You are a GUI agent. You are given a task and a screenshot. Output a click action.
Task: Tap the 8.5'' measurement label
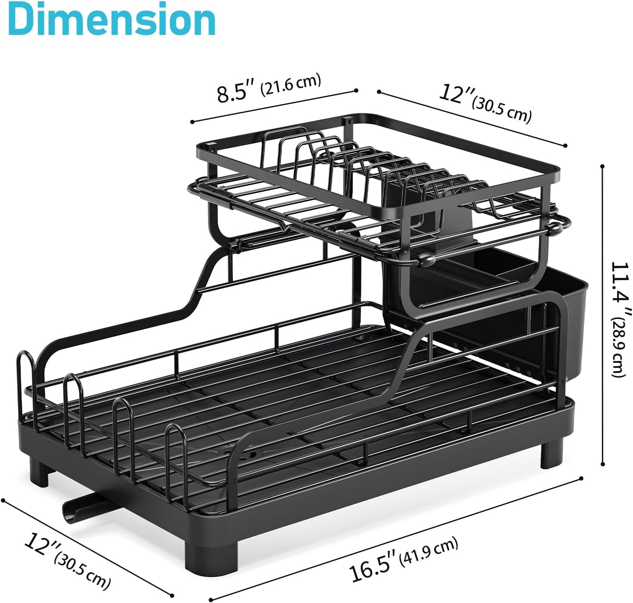pyautogui.click(x=237, y=92)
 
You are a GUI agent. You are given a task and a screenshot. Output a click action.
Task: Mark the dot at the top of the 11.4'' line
pyautogui.click(x=602, y=166)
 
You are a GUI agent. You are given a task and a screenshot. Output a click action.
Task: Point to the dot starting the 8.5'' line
pyautogui.click(x=191, y=122)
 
